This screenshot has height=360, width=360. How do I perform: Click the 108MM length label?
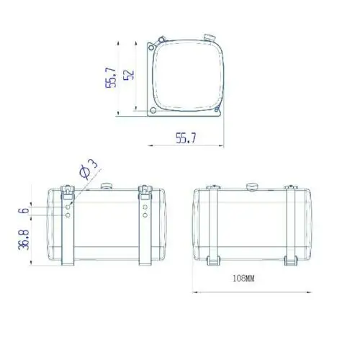(x=244, y=277)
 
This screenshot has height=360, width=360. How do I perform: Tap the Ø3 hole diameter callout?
(x=85, y=171)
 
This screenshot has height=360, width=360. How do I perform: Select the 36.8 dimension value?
(x=23, y=240)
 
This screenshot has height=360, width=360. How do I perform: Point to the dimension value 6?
(x=23, y=210)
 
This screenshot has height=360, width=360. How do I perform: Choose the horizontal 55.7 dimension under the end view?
(x=186, y=139)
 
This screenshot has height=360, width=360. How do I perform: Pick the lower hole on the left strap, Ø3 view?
(x=67, y=215)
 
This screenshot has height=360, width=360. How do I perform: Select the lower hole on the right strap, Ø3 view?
(x=145, y=215)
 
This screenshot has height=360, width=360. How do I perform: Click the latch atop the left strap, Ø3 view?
(x=66, y=192)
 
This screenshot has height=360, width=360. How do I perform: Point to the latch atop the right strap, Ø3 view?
(x=145, y=192)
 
